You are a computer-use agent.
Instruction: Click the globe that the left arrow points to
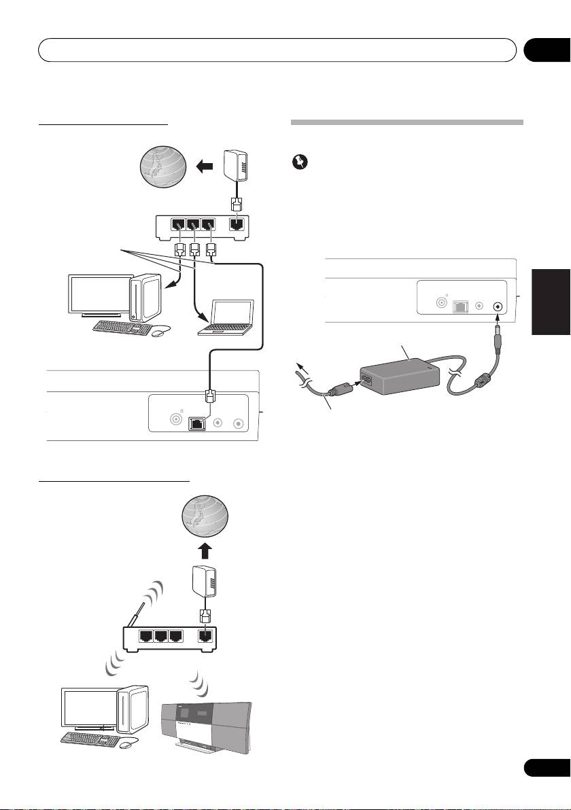tap(160, 166)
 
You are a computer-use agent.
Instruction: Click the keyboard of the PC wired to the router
tap(122, 326)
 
